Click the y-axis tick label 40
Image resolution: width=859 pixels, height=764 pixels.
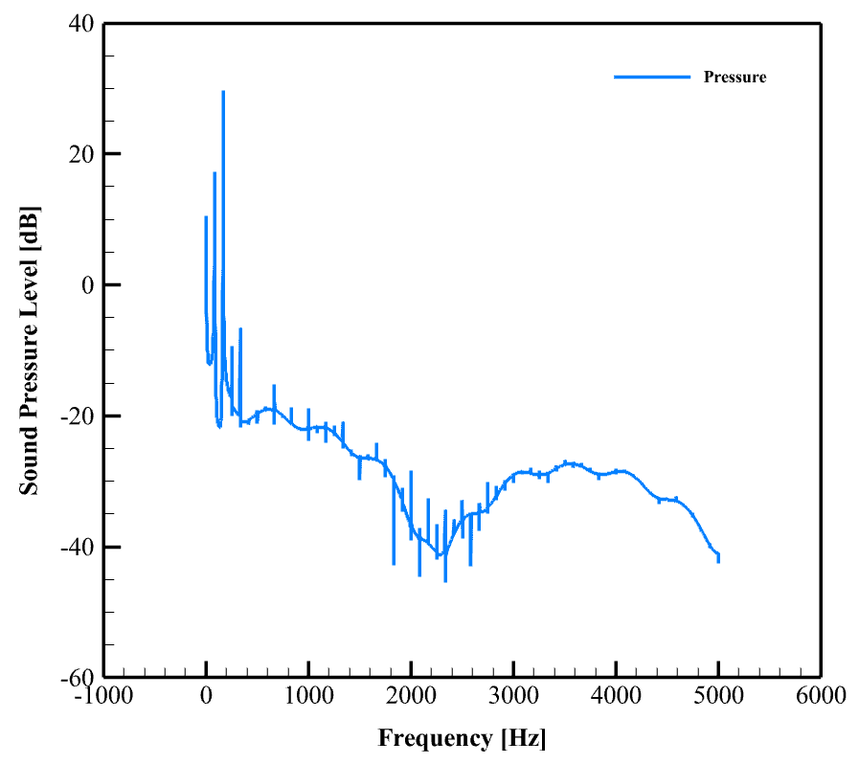(x=80, y=23)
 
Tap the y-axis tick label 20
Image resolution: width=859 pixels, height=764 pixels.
(x=80, y=154)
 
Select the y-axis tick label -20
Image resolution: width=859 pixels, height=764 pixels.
(x=77, y=416)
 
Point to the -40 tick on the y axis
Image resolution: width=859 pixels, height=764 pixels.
(x=77, y=548)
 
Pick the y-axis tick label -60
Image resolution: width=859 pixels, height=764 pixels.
(x=77, y=678)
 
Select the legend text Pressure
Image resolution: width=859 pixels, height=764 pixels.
(x=735, y=78)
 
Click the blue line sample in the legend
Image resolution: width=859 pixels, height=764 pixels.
(x=651, y=77)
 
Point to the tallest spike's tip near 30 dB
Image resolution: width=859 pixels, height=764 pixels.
(x=223, y=92)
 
